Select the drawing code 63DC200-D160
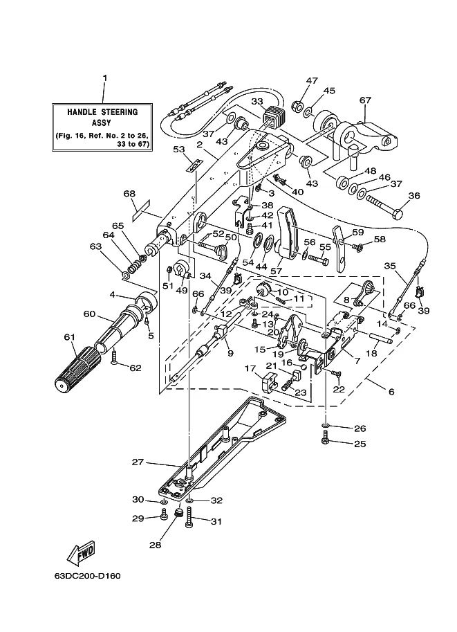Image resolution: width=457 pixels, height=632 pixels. pyautogui.click(x=87, y=575)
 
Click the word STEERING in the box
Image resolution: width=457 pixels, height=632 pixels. pyautogui.click(x=119, y=111)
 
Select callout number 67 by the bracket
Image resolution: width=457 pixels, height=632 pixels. pyautogui.click(x=365, y=100)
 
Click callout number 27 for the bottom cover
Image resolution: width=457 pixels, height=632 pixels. pyautogui.click(x=138, y=462)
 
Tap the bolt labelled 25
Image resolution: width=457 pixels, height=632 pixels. pyautogui.click(x=326, y=439)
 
